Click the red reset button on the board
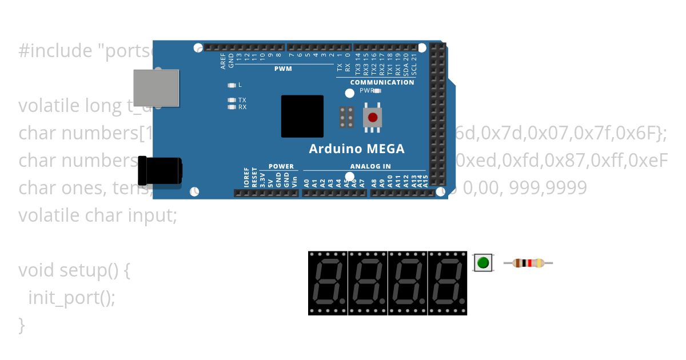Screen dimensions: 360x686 (373, 117)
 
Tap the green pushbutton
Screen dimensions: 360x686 (483, 263)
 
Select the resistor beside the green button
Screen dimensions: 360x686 (528, 263)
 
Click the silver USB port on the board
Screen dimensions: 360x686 (156, 87)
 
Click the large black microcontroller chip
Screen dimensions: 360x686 (302, 116)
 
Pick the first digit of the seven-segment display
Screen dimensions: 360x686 (328, 282)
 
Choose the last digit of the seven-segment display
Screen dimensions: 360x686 (448, 282)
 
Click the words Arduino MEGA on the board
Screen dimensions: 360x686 (357, 149)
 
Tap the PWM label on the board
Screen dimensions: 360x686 (283, 69)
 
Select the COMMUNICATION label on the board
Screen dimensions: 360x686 (382, 82)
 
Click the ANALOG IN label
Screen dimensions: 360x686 (370, 167)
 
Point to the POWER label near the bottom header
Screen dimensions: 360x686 (281, 167)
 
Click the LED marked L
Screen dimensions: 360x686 (232, 85)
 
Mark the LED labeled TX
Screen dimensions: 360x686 (232, 100)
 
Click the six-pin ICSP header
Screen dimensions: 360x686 (346, 117)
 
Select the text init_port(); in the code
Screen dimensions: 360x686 (71, 297)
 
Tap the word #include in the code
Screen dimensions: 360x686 (54, 51)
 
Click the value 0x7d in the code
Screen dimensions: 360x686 (503, 133)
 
